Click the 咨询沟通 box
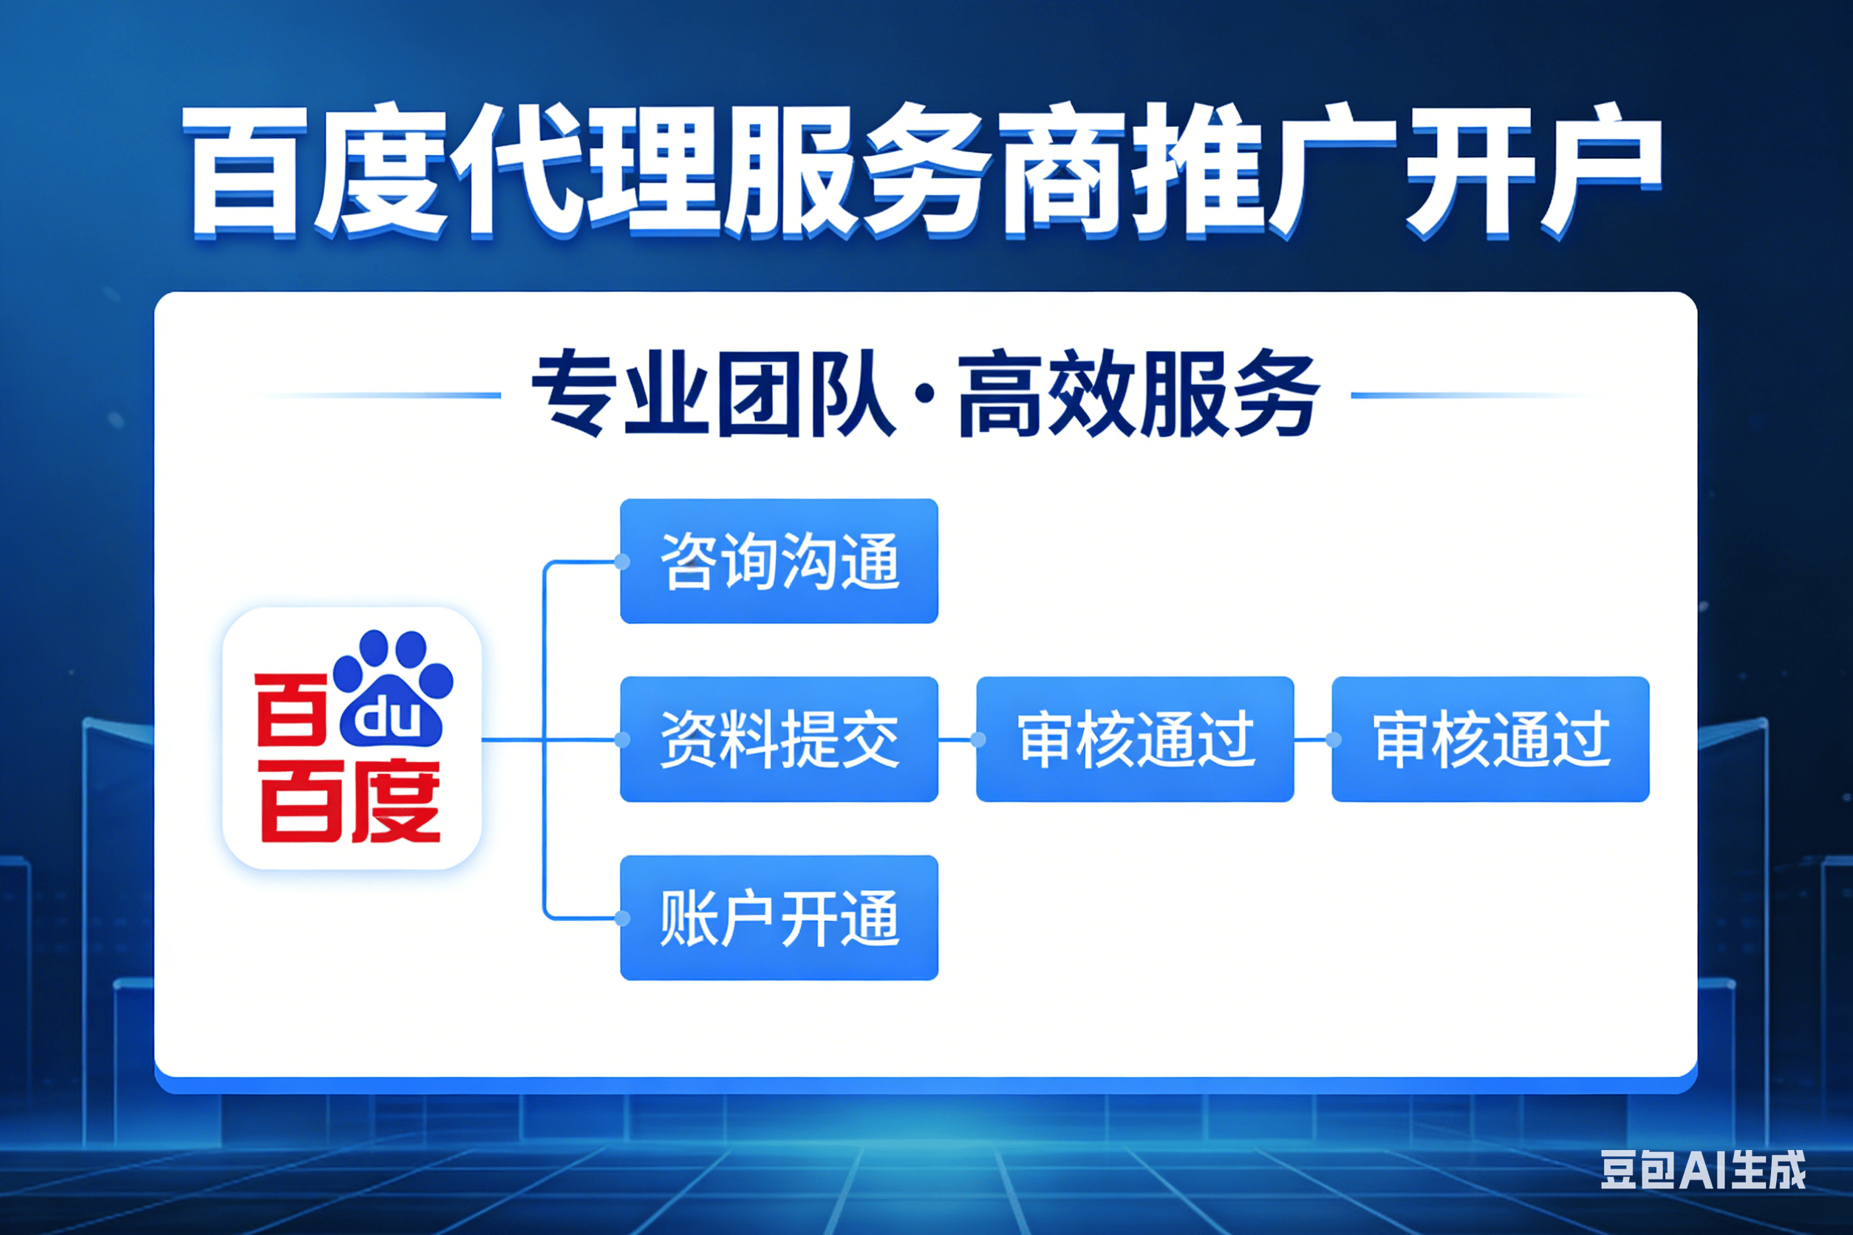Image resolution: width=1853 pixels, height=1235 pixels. pos(779,561)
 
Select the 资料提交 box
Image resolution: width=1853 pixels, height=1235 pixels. pos(779,739)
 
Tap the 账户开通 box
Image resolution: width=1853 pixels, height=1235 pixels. pos(779,917)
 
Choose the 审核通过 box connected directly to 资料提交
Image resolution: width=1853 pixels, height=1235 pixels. pos(1135,739)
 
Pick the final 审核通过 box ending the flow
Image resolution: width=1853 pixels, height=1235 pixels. pos(1490,739)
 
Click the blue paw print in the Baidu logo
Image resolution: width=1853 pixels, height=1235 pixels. pos(392,688)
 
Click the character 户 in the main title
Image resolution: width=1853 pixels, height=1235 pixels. pos(1600,169)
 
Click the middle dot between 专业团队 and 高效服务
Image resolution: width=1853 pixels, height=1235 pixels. pos(926,394)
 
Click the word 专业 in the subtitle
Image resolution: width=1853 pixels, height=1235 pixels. pos(619,394)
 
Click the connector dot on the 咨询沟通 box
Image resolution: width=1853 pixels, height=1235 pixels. pos(621,561)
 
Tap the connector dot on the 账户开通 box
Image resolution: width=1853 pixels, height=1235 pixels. pos(621,918)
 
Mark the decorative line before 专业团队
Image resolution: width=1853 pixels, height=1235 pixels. pos(378,394)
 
